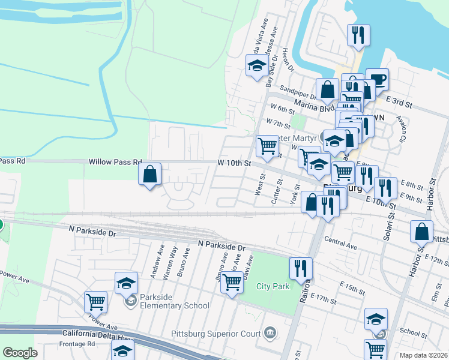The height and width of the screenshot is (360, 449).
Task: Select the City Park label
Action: (273, 286)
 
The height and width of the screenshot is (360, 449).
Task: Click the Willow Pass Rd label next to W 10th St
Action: (115, 162)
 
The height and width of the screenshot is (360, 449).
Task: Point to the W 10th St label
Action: (234, 163)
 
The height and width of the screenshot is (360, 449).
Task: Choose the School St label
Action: (413, 332)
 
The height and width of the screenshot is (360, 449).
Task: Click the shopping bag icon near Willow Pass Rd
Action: (150, 175)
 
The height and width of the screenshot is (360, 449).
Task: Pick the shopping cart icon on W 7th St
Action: (267, 145)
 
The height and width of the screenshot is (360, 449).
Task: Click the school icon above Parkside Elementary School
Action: (126, 283)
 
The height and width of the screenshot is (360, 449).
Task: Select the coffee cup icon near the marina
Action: (377, 79)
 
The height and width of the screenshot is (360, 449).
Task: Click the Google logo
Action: (21, 353)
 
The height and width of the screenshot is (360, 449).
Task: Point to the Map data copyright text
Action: (423, 355)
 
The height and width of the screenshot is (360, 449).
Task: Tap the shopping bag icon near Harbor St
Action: (423, 231)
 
